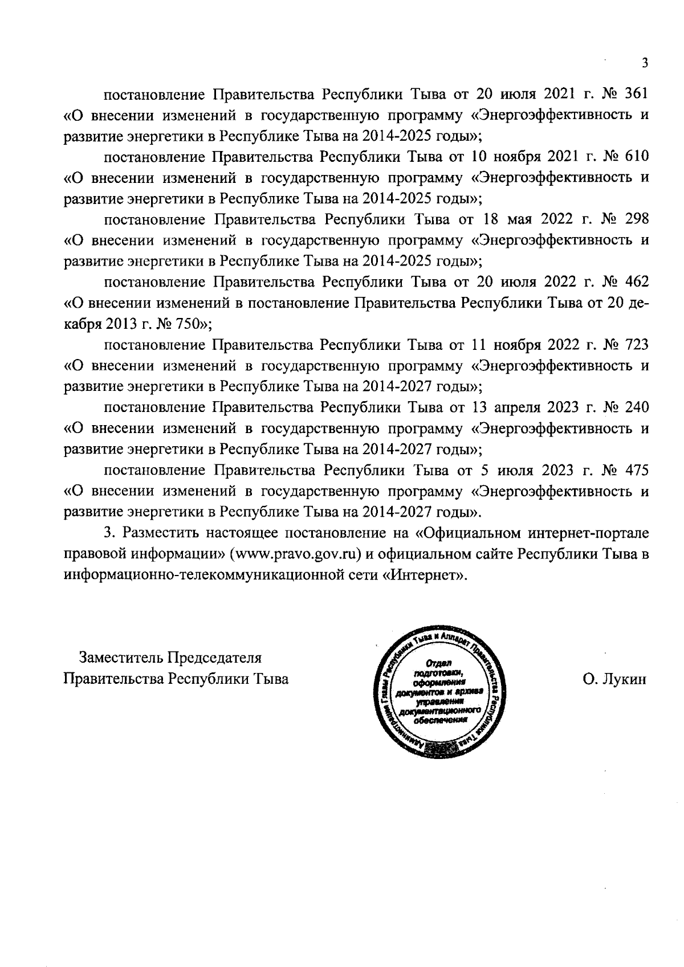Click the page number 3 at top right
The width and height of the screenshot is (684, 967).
tap(645, 63)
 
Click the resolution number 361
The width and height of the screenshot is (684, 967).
tap(637, 94)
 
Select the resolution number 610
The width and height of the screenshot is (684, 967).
tap(637, 157)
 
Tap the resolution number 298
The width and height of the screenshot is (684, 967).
tap(637, 219)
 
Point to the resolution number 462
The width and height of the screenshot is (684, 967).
tap(637, 282)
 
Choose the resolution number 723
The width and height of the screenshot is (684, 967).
tap(637, 345)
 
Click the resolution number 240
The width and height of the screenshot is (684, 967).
tap(637, 407)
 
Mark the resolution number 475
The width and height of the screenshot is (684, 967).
tap(637, 470)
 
